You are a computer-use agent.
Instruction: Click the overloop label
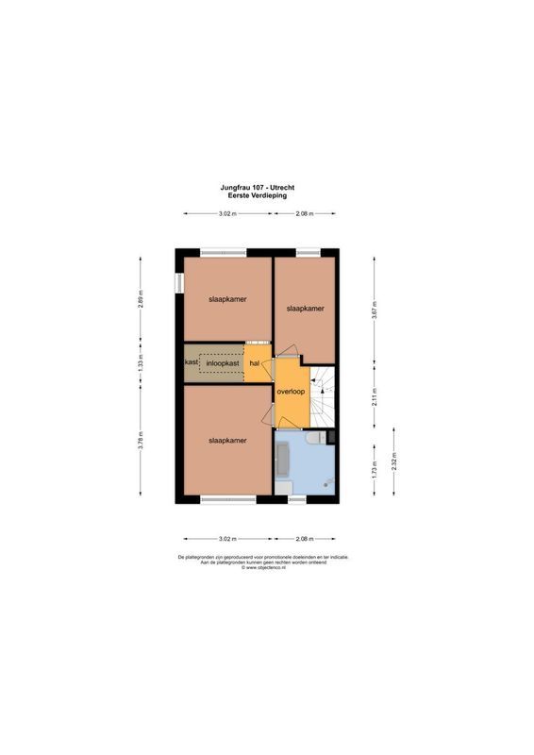[291, 392]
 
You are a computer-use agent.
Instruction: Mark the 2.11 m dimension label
[375, 396]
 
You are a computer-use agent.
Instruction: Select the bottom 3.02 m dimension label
[227, 539]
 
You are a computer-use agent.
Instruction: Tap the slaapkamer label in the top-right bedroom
[305, 309]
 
